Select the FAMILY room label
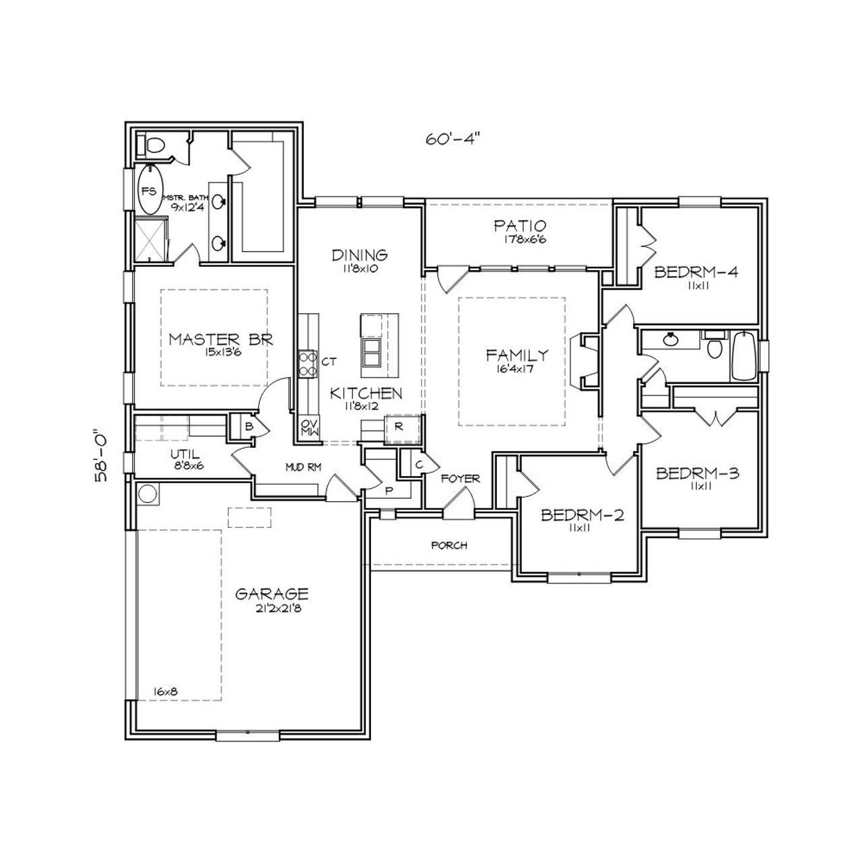tap(517, 355)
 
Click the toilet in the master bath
tap(154, 145)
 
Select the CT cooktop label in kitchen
tap(329, 362)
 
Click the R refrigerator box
tap(399, 427)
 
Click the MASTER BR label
tap(220, 339)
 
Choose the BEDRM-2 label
tap(583, 516)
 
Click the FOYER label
tap(461, 479)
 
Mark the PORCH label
tap(449, 545)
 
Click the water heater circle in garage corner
tap(147, 494)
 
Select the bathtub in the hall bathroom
tap(744, 356)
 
